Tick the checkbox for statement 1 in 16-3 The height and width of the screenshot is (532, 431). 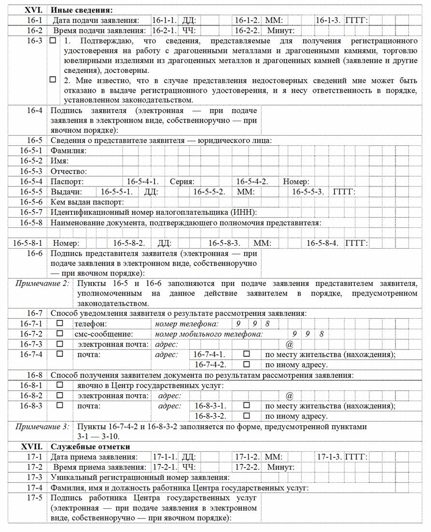[53, 42]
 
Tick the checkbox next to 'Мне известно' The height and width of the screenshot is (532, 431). [53, 80]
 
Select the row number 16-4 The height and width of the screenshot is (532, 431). [35, 110]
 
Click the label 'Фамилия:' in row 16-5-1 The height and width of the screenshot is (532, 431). [69, 151]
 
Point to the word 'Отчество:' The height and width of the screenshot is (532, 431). [69, 171]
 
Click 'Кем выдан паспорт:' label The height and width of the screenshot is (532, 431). [87, 202]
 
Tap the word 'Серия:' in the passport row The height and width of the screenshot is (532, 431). [182, 182]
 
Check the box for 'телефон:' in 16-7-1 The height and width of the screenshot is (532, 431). [60, 323]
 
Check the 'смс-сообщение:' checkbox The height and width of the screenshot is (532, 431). [60, 334]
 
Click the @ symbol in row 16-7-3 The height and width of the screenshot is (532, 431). [290, 344]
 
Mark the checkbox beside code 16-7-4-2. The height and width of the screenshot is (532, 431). [247, 364]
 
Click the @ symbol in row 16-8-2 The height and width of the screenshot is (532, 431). [290, 396]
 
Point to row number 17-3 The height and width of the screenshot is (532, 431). [35, 477]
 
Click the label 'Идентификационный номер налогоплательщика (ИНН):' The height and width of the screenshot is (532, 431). [154, 212]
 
